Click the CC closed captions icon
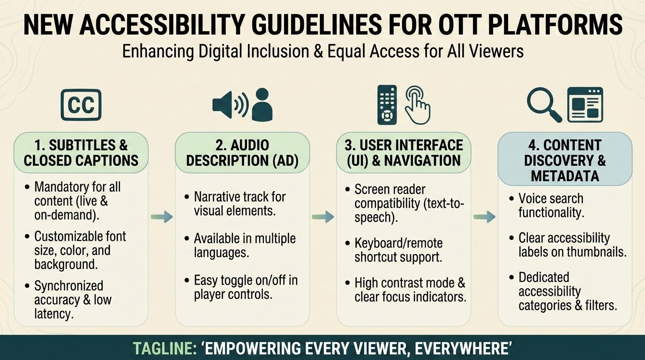tap(81, 105)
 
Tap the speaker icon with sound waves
tap(230, 105)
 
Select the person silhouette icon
tap(262, 104)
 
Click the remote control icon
tap(387, 105)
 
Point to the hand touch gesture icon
tap(418, 105)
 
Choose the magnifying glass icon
tap(544, 104)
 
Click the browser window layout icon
tap(585, 105)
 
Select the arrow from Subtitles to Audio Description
tap(162, 217)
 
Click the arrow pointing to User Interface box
tap(323, 217)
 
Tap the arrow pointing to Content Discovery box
tap(484, 217)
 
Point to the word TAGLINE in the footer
tap(165, 348)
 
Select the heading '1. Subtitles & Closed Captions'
tap(81, 153)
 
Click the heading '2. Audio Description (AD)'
tap(242, 153)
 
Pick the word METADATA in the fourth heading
tap(565, 176)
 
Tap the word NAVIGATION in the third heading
tap(422, 160)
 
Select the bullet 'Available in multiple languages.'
tap(245, 245)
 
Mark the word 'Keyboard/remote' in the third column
tap(398, 243)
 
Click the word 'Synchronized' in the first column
tap(68, 285)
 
